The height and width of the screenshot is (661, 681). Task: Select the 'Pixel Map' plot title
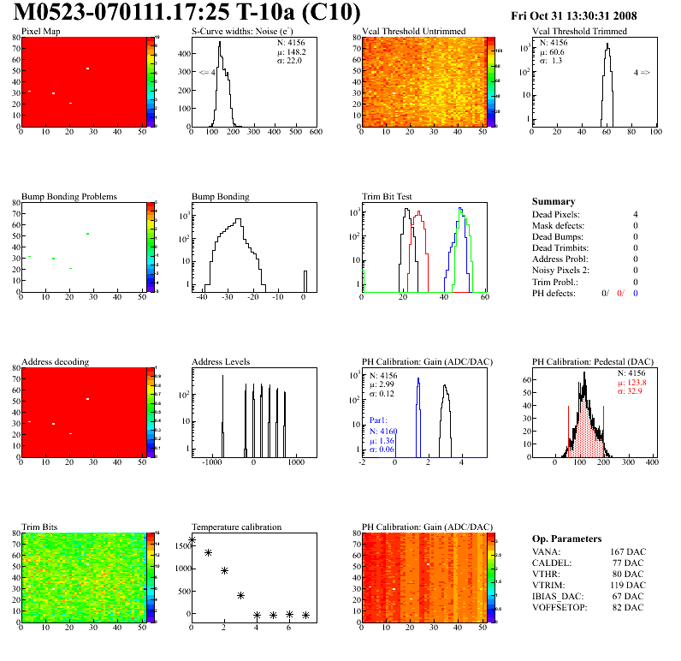(40, 32)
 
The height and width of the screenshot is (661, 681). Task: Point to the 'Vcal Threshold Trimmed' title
(579, 32)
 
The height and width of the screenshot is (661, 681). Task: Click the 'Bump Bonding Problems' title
(68, 197)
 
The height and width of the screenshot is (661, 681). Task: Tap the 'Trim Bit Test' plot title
(387, 197)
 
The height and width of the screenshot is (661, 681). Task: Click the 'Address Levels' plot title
(221, 362)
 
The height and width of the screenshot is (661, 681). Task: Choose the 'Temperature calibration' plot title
(236, 527)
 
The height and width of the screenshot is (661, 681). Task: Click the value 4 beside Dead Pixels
(635, 214)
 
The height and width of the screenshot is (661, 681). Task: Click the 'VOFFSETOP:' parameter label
(559, 607)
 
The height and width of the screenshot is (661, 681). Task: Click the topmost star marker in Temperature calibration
(192, 540)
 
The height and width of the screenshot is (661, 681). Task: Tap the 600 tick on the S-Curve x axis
(315, 133)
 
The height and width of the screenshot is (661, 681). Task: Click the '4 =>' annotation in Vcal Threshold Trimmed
(642, 73)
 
